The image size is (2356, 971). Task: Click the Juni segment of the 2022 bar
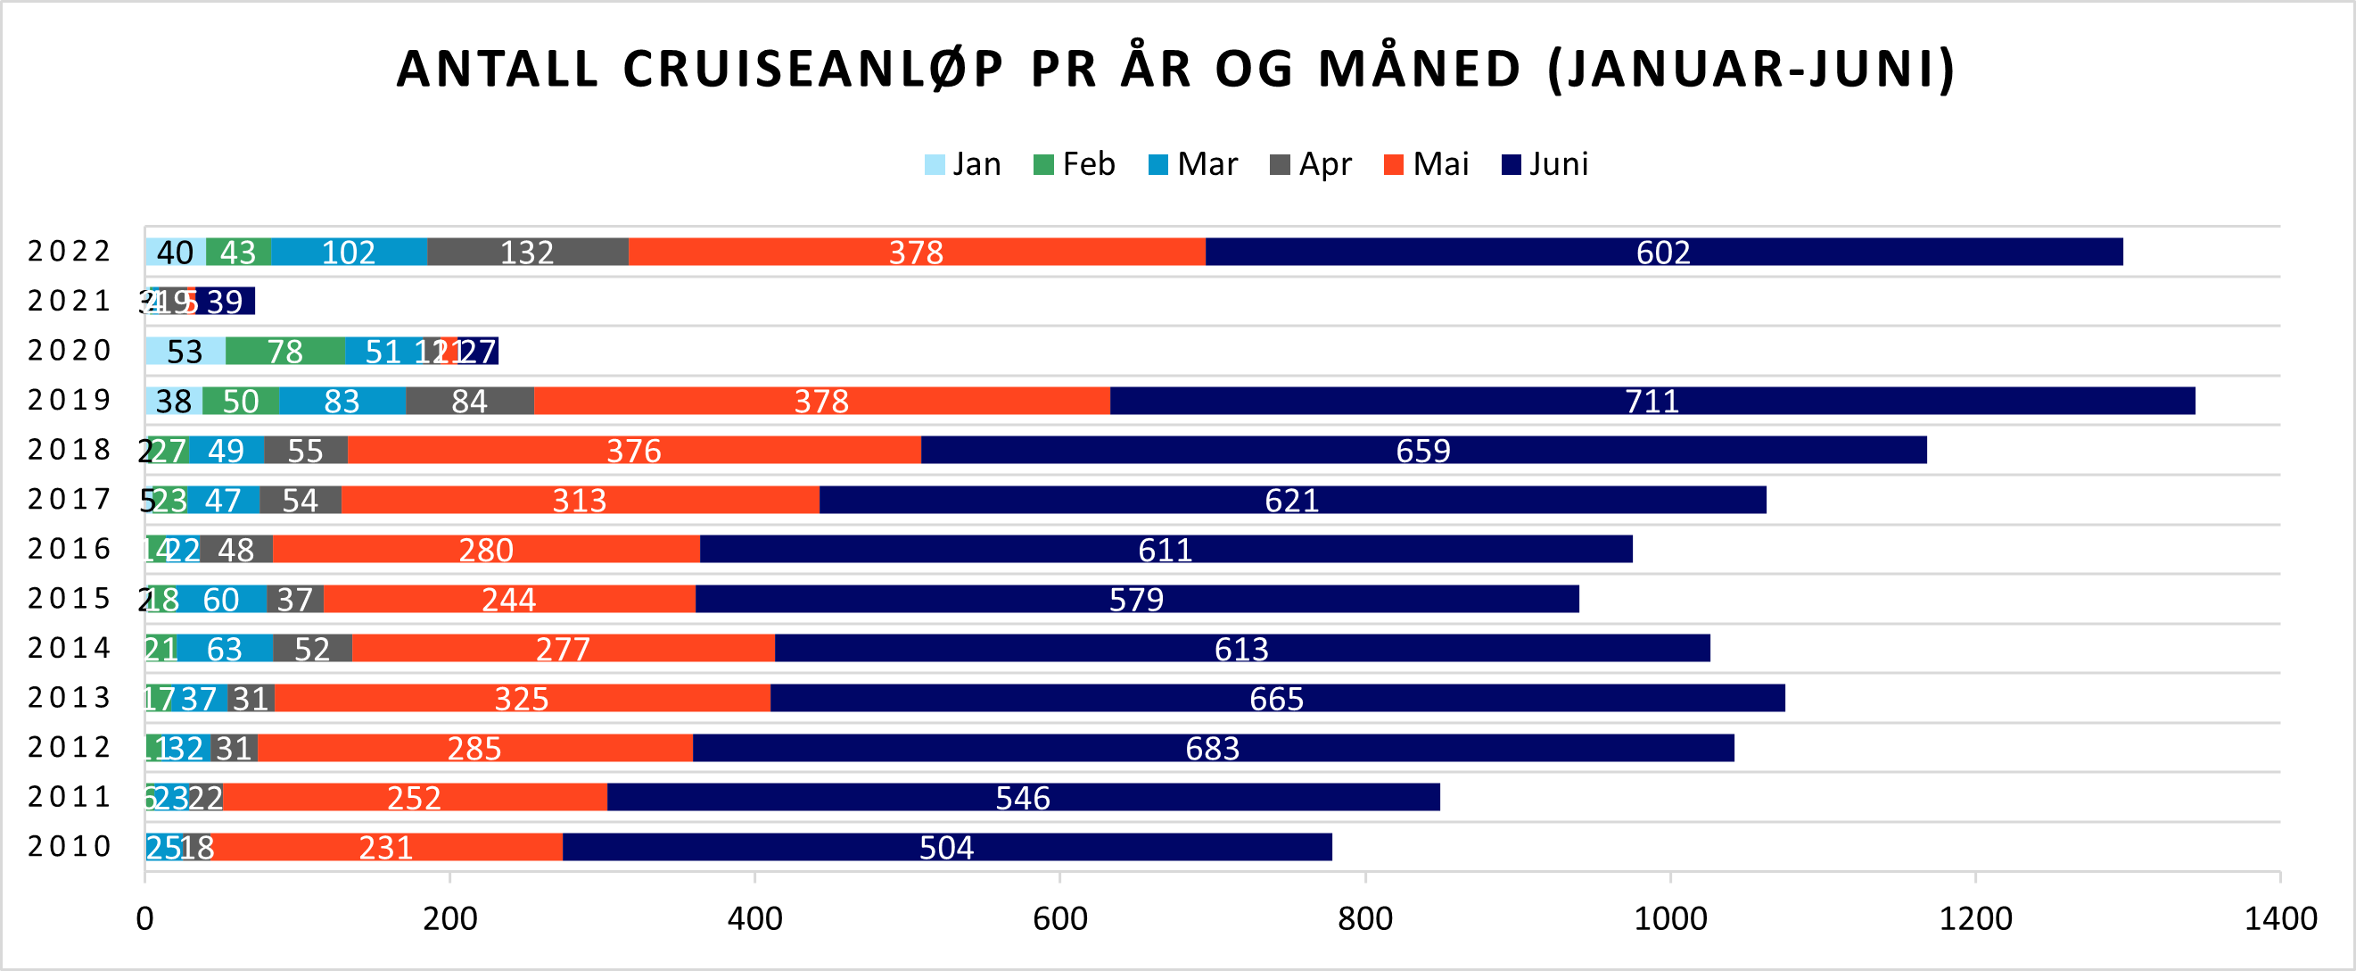(x=1664, y=252)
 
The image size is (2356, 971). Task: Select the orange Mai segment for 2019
(x=821, y=401)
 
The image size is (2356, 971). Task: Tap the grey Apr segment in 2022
(x=528, y=252)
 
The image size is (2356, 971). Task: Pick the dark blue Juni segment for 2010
(x=947, y=848)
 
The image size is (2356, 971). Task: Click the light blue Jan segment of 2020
(x=185, y=352)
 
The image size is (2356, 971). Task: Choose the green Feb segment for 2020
(x=285, y=352)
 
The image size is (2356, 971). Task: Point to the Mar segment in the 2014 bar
(x=225, y=649)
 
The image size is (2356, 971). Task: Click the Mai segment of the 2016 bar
(x=486, y=550)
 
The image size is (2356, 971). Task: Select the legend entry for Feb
(x=1074, y=165)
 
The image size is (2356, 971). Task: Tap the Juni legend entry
(x=1545, y=165)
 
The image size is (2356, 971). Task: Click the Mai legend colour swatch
(x=1394, y=165)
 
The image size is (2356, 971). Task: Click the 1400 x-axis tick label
(x=2280, y=918)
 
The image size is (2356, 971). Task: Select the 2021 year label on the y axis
(x=70, y=301)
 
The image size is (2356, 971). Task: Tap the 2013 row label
(x=70, y=698)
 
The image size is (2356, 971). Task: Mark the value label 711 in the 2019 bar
(x=1652, y=401)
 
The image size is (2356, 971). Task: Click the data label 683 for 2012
(x=1213, y=749)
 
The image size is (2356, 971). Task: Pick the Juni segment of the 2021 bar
(x=226, y=301)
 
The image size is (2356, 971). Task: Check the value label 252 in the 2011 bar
(x=415, y=798)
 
